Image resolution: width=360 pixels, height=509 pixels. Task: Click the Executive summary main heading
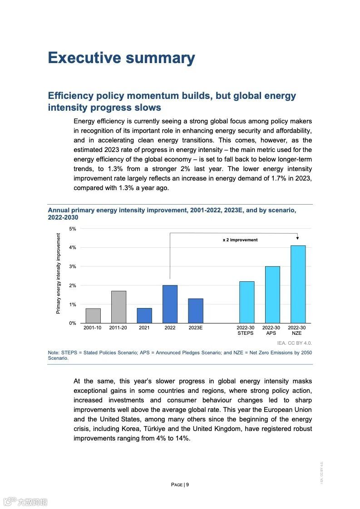(121, 58)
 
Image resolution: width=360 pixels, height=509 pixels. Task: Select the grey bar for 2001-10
(93, 316)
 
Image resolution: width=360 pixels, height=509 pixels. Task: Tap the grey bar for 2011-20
(118, 307)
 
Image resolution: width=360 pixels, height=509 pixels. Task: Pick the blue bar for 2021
(144, 316)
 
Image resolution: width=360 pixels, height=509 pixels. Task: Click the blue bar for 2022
(170, 304)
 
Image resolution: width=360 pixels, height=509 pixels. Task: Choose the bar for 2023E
(196, 311)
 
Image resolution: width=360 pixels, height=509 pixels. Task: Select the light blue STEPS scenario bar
(247, 302)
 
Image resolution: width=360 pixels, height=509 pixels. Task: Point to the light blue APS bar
(272, 295)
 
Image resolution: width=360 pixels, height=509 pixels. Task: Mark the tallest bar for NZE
(298, 284)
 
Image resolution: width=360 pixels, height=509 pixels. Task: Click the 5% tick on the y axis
(73, 229)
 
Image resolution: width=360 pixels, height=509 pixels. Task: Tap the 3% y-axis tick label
(73, 266)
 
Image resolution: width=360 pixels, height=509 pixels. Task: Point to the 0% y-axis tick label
(73, 323)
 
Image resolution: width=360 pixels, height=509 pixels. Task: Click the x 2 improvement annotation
(240, 240)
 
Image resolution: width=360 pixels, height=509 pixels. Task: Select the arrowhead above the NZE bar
(297, 237)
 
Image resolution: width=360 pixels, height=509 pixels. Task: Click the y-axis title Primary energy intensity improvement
(58, 274)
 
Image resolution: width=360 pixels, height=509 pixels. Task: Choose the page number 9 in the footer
(187, 485)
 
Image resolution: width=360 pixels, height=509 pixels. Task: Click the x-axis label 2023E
(196, 328)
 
